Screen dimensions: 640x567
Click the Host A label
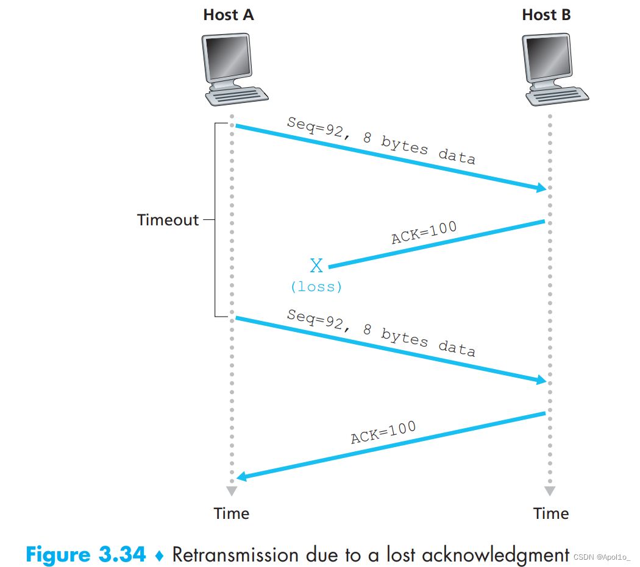click(x=229, y=15)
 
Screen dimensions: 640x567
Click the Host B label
click(x=546, y=15)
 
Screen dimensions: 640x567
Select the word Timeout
click(x=168, y=220)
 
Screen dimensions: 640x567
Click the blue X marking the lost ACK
click(x=316, y=266)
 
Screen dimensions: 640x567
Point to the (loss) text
click(x=316, y=287)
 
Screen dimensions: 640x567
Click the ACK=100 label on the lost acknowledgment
click(x=424, y=232)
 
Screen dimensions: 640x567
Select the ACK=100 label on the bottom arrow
click(x=383, y=432)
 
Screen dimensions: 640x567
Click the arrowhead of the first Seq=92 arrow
click(x=542, y=188)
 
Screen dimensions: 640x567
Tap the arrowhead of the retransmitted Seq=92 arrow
click(x=542, y=380)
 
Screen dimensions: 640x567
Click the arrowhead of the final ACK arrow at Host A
click(x=241, y=476)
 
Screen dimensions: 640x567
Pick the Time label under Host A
click(x=232, y=513)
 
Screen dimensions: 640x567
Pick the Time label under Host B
click(x=551, y=513)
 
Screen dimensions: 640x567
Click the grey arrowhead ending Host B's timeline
click(x=550, y=491)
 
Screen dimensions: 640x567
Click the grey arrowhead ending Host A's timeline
click(x=232, y=491)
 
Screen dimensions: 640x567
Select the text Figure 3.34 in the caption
click(x=86, y=555)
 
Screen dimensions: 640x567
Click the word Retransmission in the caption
click(x=235, y=555)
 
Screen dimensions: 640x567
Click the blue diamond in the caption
click(x=160, y=555)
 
